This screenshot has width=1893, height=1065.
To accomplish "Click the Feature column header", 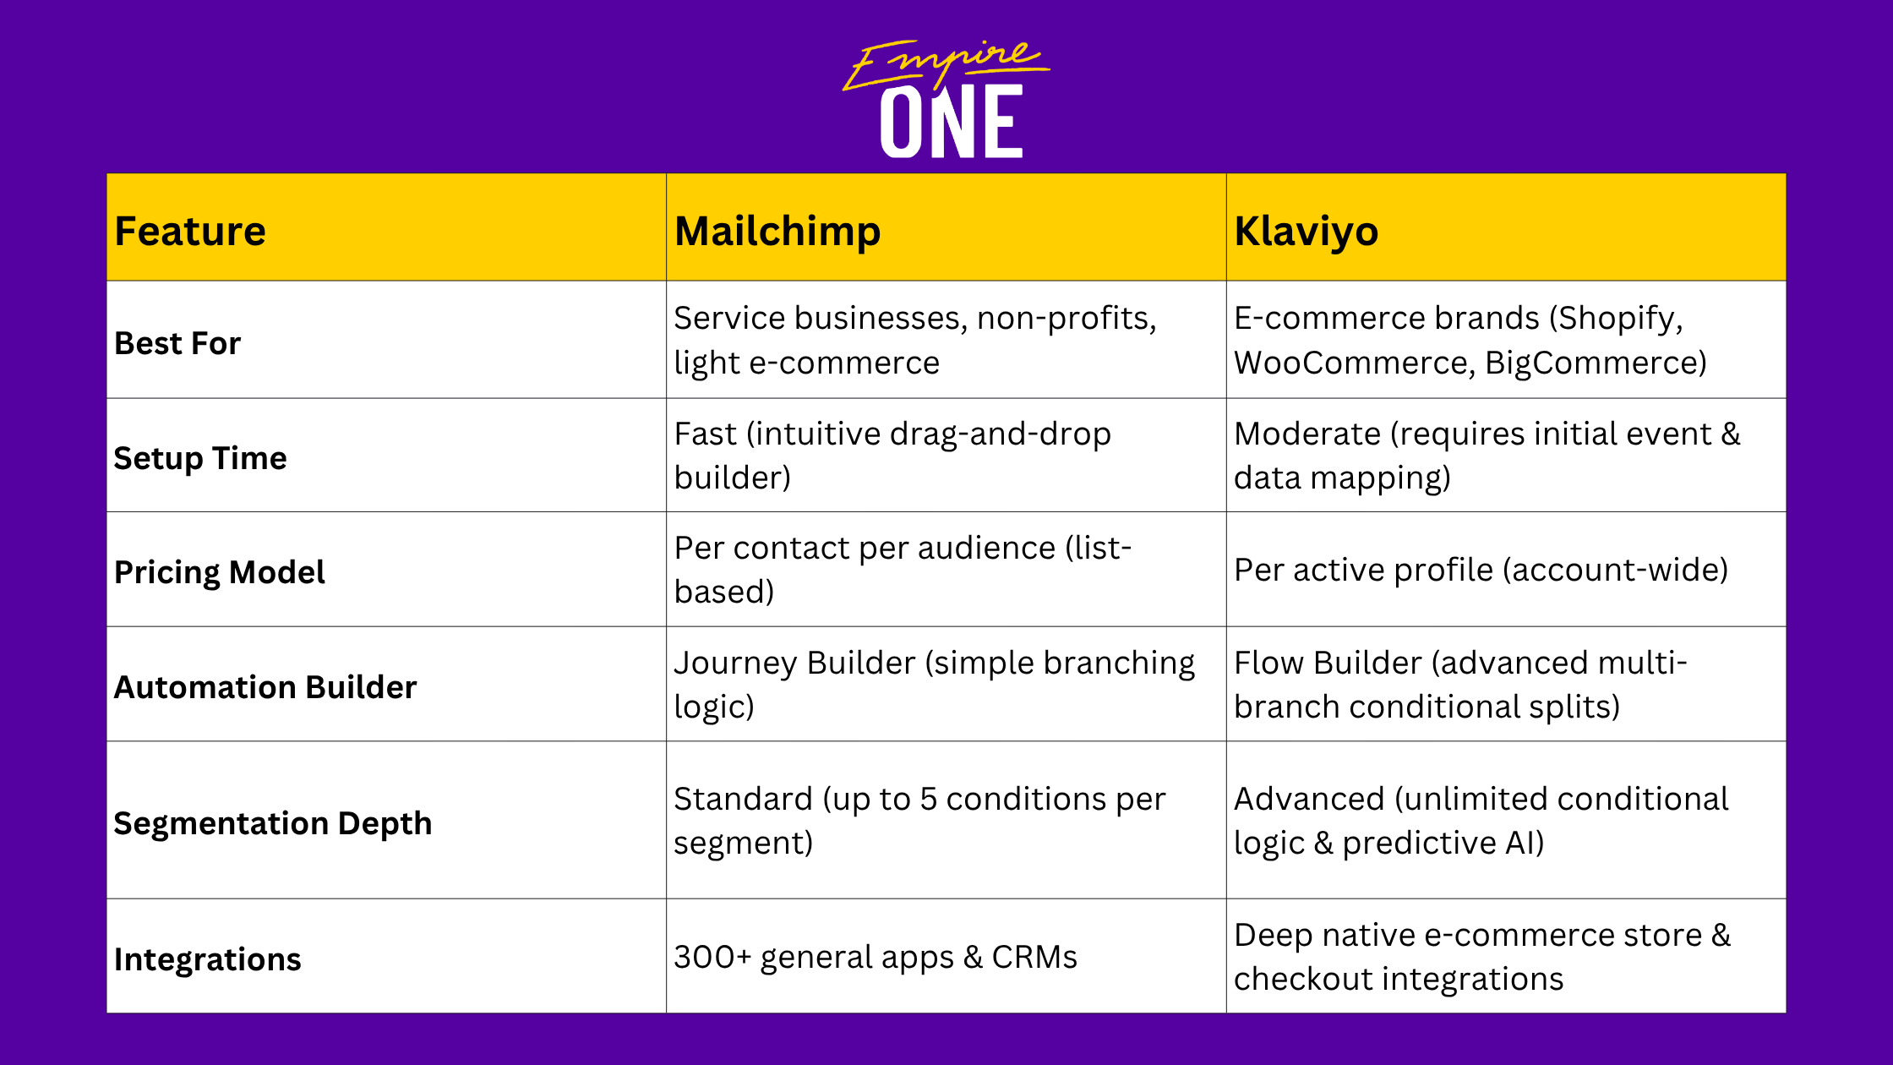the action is (190, 231).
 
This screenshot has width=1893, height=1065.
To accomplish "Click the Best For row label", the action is (177, 343).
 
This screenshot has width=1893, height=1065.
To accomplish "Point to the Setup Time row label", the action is (200, 459).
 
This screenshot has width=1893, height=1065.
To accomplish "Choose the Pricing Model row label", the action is (220, 572).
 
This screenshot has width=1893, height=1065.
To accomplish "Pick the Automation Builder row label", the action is (265, 687).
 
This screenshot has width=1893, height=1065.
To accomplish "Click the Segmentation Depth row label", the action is (273, 824).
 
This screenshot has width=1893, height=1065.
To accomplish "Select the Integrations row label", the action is (208, 960).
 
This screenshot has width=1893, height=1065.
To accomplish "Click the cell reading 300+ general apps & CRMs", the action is (876, 958).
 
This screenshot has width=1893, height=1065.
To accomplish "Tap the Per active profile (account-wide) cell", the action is (1481, 571).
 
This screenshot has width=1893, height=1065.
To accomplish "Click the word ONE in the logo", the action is (952, 122).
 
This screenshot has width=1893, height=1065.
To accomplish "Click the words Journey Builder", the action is (794, 664).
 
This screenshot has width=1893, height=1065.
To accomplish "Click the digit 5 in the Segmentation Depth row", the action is (929, 800).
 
